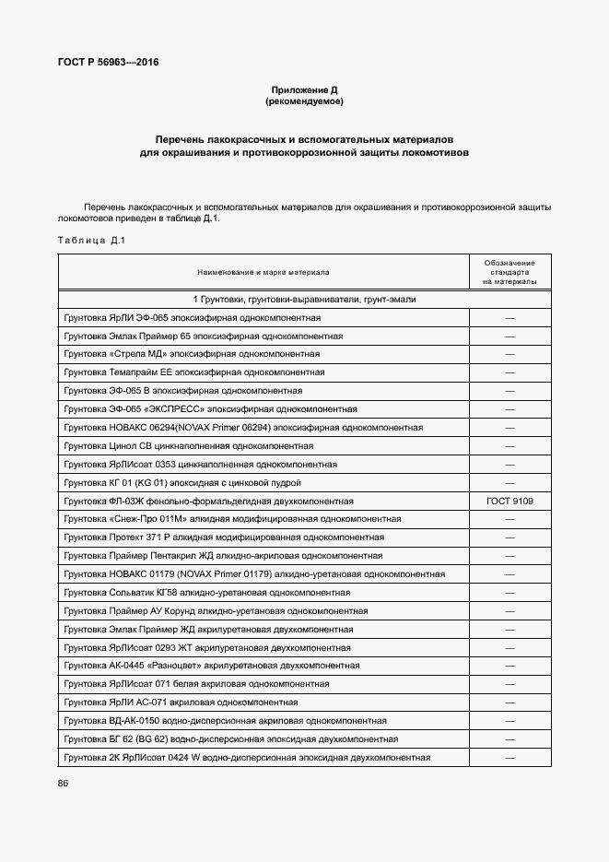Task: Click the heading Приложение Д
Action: [x=304, y=89]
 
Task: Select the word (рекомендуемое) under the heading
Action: [x=304, y=101]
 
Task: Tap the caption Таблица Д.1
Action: [x=90, y=241]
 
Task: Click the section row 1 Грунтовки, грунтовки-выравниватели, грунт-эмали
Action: [x=304, y=300]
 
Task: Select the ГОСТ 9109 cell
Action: [x=509, y=501]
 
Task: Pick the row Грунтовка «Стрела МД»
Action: [x=192, y=354]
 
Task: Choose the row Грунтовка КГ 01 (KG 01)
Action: [x=194, y=482]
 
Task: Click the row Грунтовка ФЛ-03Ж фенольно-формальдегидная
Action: [x=209, y=501]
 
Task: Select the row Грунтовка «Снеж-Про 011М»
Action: [x=218, y=519]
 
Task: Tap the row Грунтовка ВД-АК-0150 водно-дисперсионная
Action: [x=225, y=720]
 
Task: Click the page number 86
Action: [x=63, y=783]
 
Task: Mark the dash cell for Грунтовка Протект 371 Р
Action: [x=509, y=537]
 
